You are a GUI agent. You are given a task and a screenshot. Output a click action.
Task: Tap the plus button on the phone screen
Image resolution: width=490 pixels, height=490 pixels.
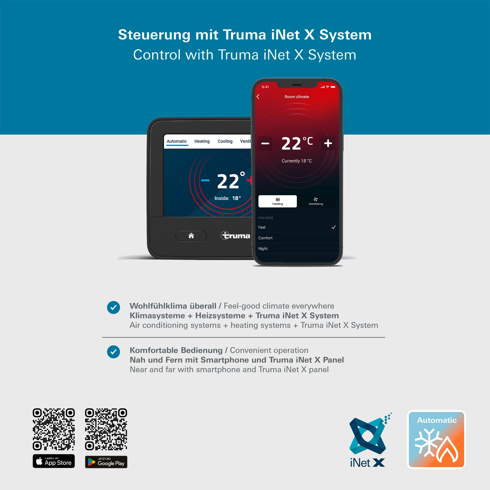(x=328, y=143)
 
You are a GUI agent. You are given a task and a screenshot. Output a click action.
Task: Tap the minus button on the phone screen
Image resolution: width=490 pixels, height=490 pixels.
(x=265, y=143)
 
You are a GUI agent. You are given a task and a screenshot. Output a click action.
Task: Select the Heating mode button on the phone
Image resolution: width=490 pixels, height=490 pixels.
(x=278, y=201)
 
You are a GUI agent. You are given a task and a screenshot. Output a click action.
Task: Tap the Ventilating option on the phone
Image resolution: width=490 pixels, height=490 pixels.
(x=316, y=201)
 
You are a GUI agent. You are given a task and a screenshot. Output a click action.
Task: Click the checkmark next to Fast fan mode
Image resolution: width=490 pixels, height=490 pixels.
(x=333, y=227)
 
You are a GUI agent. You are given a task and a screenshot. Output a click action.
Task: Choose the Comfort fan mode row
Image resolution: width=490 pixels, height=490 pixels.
(x=297, y=238)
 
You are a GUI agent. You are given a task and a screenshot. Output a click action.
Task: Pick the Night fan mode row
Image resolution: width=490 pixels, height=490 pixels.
(x=297, y=248)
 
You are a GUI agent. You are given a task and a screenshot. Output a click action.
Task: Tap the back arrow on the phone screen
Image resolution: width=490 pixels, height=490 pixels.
(x=258, y=97)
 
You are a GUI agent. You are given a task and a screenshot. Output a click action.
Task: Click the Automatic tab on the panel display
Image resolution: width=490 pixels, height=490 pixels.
(x=177, y=141)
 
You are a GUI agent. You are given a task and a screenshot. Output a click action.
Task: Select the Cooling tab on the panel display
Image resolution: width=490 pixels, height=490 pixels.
(x=225, y=141)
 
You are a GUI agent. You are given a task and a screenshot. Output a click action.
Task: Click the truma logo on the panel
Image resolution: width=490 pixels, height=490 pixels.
(x=235, y=236)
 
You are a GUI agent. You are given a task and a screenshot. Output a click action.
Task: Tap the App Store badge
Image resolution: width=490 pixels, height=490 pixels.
(x=54, y=461)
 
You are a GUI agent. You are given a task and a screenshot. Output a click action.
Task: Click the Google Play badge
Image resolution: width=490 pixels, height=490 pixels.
(x=106, y=462)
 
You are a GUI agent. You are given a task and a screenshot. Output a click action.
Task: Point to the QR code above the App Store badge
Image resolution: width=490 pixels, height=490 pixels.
(x=54, y=429)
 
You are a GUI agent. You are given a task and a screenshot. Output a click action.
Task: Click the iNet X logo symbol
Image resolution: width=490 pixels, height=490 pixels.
(x=368, y=436)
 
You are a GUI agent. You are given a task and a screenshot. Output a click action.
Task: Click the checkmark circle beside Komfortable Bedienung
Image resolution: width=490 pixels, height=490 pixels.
(x=113, y=352)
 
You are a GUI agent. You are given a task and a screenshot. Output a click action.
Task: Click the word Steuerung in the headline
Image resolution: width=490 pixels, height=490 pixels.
(x=154, y=35)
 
